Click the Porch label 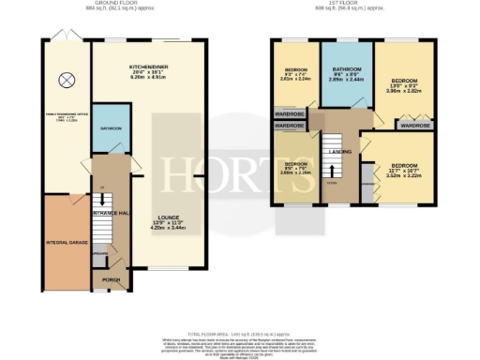pos(112,280)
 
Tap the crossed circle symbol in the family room pos(67,80)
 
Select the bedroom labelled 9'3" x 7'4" pos(294,75)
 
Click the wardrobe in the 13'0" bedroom pos(420,125)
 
